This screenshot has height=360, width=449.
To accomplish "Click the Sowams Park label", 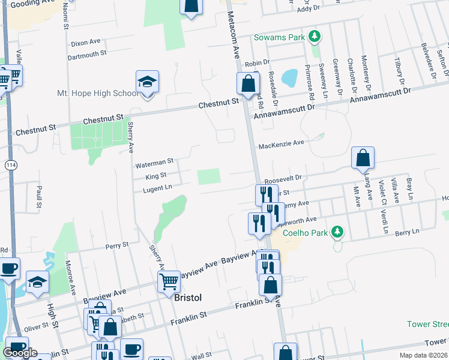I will tap(279, 37).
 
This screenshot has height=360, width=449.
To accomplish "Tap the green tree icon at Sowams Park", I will tap(313, 37).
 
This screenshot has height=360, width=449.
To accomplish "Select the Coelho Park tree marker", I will tap(337, 231).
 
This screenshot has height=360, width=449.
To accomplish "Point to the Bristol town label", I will tap(187, 298).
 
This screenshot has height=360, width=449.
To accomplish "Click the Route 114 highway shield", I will tap(10, 164).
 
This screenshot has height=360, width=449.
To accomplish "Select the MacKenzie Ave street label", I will tap(282, 145).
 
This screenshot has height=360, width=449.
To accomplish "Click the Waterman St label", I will tap(154, 161).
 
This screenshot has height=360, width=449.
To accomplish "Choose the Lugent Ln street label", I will tap(157, 188).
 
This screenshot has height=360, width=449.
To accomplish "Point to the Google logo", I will tap(20, 353).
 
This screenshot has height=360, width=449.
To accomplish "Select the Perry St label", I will tap(117, 245).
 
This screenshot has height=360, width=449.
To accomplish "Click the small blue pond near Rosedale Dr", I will tap(289, 77).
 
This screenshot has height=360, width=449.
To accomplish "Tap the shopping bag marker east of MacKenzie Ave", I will tap(363, 158).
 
